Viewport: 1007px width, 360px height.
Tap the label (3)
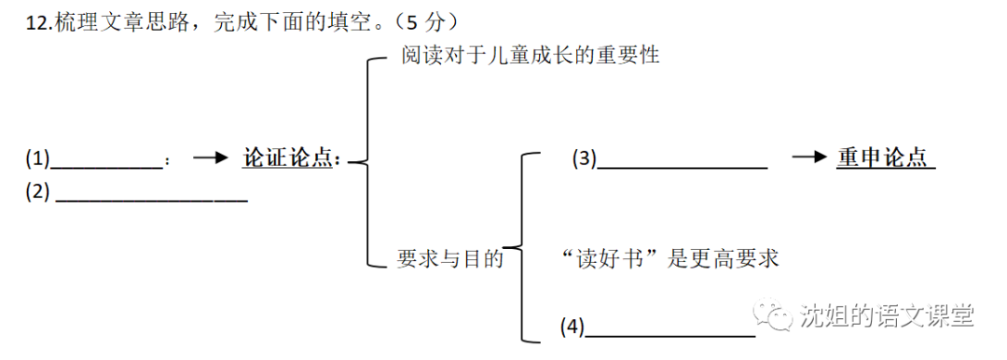(x=584, y=159)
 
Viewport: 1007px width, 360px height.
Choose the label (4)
(x=572, y=326)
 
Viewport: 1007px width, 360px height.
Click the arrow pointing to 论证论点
(x=210, y=159)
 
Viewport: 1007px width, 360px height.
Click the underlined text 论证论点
(x=289, y=159)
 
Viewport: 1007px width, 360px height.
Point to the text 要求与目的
(x=450, y=258)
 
